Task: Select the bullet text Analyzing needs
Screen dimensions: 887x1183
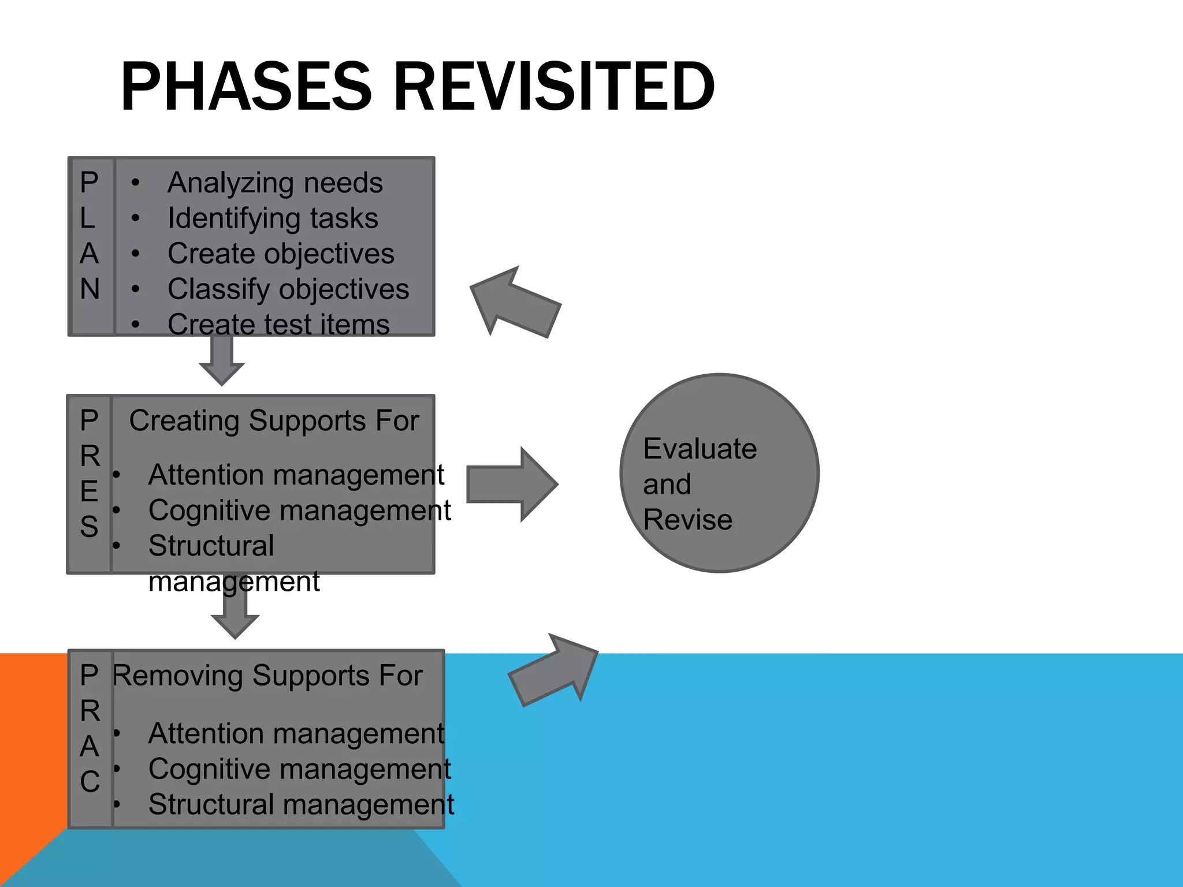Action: click(275, 183)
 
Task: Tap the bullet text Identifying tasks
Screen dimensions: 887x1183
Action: click(273, 218)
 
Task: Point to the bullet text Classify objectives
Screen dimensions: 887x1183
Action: click(288, 289)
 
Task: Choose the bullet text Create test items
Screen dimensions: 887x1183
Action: click(278, 324)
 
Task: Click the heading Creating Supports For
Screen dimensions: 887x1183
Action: click(274, 420)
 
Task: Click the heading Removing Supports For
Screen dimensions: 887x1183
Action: click(267, 676)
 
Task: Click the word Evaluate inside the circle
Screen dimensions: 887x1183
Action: click(700, 449)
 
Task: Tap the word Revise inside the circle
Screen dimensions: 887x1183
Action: click(688, 520)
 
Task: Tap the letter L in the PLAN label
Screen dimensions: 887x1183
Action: click(88, 218)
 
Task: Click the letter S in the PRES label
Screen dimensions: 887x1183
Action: click(89, 527)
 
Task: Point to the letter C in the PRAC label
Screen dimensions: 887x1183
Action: click(90, 782)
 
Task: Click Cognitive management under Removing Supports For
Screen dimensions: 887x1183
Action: click(299, 769)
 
